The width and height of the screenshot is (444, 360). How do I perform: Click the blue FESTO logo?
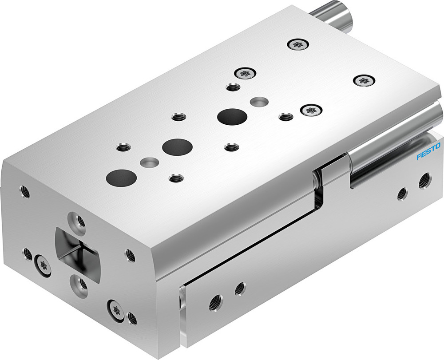(x=428, y=152)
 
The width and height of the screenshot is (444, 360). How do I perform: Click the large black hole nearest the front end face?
(x=121, y=178)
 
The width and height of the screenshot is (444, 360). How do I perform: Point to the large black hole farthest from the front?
(x=232, y=116)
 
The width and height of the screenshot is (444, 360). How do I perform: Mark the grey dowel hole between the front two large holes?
(x=148, y=162)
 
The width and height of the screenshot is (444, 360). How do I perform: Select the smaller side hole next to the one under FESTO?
(x=403, y=193)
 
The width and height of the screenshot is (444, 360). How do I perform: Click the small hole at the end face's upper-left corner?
(x=25, y=192)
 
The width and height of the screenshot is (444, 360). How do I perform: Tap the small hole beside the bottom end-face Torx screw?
(x=131, y=317)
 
